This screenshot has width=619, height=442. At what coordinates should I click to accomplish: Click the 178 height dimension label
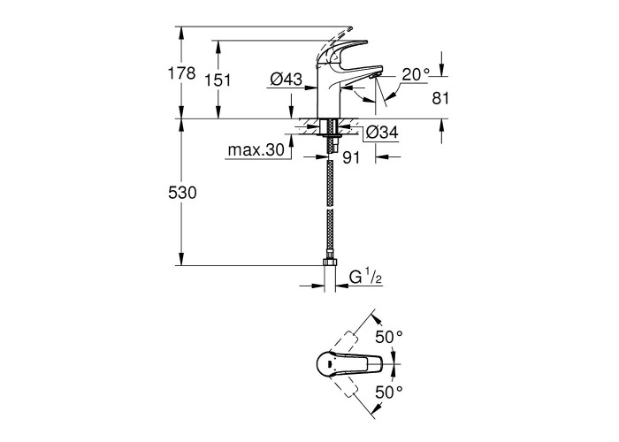point(181,73)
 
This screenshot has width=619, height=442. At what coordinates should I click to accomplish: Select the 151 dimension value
point(218,80)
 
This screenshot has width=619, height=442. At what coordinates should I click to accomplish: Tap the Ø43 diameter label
point(287,80)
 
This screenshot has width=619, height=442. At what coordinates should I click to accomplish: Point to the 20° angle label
point(416,74)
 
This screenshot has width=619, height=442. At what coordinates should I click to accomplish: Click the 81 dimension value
point(440,98)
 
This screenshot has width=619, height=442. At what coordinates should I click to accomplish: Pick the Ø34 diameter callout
point(382,133)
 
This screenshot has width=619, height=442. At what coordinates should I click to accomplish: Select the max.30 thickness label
point(256,150)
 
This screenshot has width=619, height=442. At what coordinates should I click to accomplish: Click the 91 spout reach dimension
point(351,157)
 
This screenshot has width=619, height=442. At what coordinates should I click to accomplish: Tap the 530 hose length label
point(182,193)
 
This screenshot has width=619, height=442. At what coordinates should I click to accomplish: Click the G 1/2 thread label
point(365,278)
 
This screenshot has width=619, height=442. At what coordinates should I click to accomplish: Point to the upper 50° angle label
point(389,337)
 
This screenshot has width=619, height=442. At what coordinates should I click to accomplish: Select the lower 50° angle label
point(389,392)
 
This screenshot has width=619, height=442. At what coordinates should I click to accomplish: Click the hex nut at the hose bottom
point(329,262)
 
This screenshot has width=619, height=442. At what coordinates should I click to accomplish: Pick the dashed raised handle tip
point(348,28)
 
